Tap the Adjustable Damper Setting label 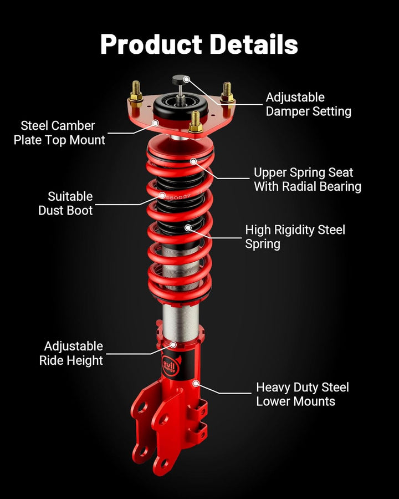[308, 104]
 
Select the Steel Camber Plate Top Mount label [59, 133]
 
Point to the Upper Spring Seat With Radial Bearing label [307, 180]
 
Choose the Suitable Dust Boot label [65, 203]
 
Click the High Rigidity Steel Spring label [295, 237]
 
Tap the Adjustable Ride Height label [71, 353]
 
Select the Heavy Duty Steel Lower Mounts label [302, 394]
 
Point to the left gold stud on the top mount [135, 92]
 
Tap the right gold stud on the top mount [227, 91]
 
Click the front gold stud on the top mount [195, 121]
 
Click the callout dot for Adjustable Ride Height [173, 344]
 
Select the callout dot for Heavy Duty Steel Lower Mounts [195, 383]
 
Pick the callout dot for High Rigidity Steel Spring [188, 227]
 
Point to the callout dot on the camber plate [156, 123]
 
